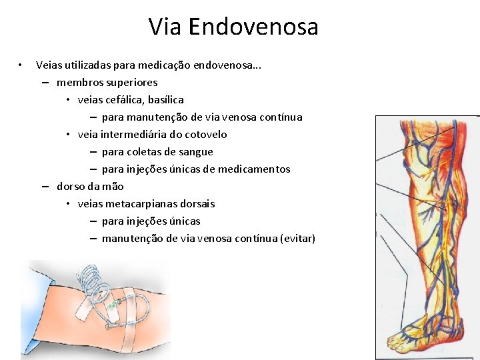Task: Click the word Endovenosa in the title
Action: coord(253,27)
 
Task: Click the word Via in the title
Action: coord(165,27)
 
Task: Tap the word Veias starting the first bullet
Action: coord(50,65)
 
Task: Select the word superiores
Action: coord(131,83)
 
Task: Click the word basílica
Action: coord(166,100)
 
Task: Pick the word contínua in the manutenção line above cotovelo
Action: coord(280,117)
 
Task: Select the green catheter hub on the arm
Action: coord(115,305)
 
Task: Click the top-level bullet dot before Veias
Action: coord(21,65)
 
